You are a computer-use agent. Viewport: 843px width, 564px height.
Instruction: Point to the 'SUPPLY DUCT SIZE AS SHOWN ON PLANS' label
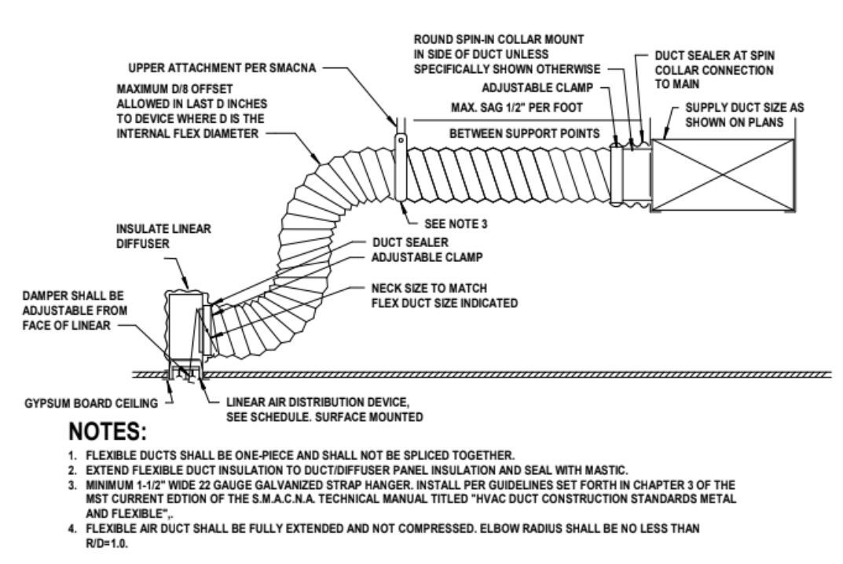[x=741, y=113]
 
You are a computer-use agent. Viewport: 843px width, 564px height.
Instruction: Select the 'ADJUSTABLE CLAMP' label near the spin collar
[x=544, y=90]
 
